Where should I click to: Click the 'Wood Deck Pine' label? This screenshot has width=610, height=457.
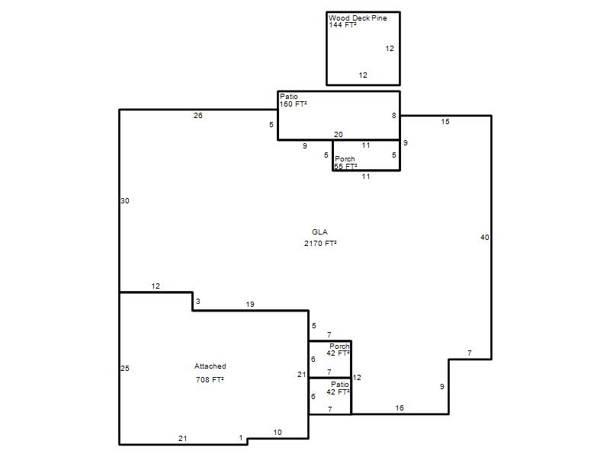358,18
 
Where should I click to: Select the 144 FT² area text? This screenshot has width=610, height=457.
342,25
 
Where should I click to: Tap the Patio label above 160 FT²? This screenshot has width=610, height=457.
289,97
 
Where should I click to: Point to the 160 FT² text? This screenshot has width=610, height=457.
293,104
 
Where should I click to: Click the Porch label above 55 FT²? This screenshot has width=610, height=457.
345,159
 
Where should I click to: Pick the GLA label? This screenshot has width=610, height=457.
319,232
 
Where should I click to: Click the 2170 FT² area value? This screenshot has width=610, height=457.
320,244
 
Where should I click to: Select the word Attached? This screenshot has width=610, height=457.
210,366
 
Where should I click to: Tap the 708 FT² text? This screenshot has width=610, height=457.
210,379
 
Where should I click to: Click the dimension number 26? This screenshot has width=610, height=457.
198,116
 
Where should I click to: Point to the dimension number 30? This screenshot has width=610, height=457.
125,201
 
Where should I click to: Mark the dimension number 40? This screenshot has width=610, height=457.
485,238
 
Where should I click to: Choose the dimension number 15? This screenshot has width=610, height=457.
445,122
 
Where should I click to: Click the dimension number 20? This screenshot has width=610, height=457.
339,135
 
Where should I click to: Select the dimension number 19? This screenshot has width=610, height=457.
250,304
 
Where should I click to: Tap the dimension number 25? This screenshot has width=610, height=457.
125,369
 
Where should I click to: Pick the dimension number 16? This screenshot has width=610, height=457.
400,408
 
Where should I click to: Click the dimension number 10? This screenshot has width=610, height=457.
278,433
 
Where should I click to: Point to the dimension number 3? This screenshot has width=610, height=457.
198,302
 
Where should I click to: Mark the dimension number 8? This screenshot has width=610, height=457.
394,116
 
